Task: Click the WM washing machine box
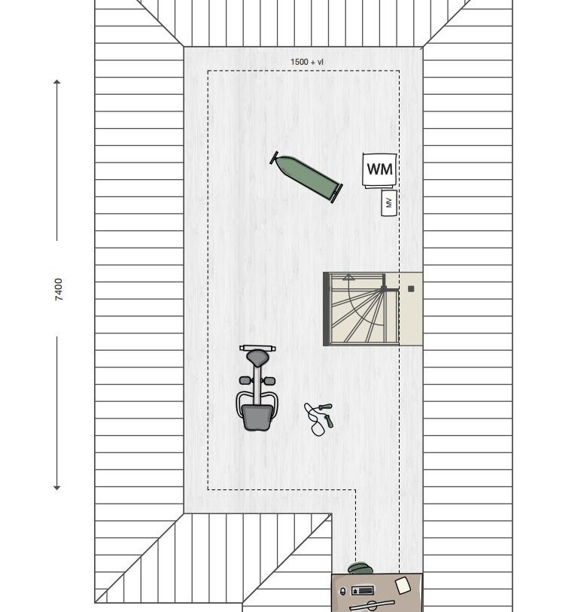[x=379, y=170]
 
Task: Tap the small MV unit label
[x=388, y=202]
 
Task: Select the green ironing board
[x=306, y=177]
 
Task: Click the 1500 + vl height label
[x=307, y=62]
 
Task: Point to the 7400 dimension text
[x=59, y=289]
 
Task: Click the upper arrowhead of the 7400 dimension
[x=57, y=81]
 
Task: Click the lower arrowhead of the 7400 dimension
[x=57, y=488]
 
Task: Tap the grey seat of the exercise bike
[x=257, y=417]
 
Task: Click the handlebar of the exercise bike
[x=258, y=348]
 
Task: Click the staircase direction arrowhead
[x=348, y=278]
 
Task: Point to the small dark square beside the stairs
[x=411, y=289]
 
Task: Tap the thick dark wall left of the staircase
[x=326, y=309]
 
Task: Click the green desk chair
[x=360, y=568]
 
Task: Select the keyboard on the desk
[x=363, y=590]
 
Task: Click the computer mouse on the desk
[x=343, y=592]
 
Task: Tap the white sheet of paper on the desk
[x=403, y=586]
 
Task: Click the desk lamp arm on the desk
[x=372, y=604]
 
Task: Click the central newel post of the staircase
[x=384, y=289]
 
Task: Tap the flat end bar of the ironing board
[x=337, y=193]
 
